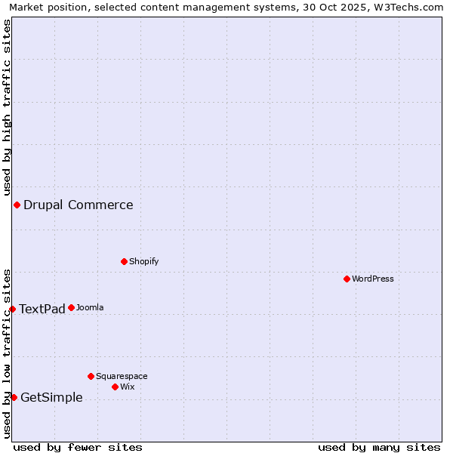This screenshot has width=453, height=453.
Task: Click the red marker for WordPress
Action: [347, 279]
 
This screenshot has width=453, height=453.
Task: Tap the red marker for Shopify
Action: [124, 261]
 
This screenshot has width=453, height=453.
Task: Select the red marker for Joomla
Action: [71, 307]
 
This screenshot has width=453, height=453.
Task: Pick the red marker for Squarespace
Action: [91, 376]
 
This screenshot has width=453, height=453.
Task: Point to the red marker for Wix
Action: [115, 387]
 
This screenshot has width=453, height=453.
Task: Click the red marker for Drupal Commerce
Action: [17, 205]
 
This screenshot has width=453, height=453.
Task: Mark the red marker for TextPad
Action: [12, 309]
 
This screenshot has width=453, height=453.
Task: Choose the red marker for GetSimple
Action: [14, 397]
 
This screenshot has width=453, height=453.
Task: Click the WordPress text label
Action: [373, 279]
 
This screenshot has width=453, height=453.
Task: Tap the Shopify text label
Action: [143, 261]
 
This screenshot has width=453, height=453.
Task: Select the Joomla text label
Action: [90, 307]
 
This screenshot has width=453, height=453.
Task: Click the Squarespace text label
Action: [122, 376]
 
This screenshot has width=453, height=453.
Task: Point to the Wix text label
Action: [128, 387]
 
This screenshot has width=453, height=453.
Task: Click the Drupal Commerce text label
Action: [78, 205]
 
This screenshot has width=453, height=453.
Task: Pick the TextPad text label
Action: [42, 309]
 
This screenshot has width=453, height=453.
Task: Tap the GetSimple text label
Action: [51, 398]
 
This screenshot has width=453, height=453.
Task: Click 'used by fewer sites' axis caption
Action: [78, 447]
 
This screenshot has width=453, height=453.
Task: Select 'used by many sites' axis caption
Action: [379, 447]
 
